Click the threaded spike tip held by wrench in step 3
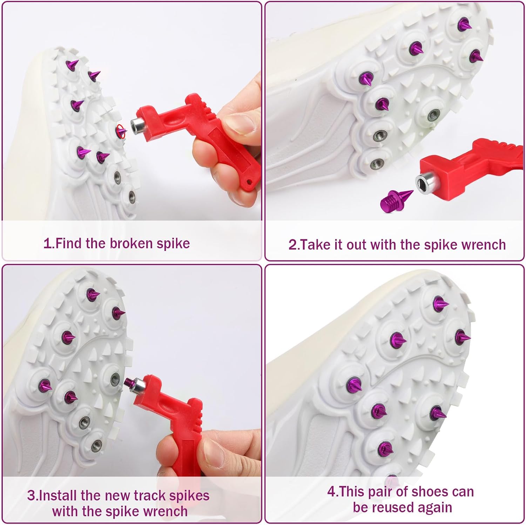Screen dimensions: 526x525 pyautogui.click(x=129, y=382)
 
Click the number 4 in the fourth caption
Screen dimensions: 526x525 pyautogui.click(x=331, y=492)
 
